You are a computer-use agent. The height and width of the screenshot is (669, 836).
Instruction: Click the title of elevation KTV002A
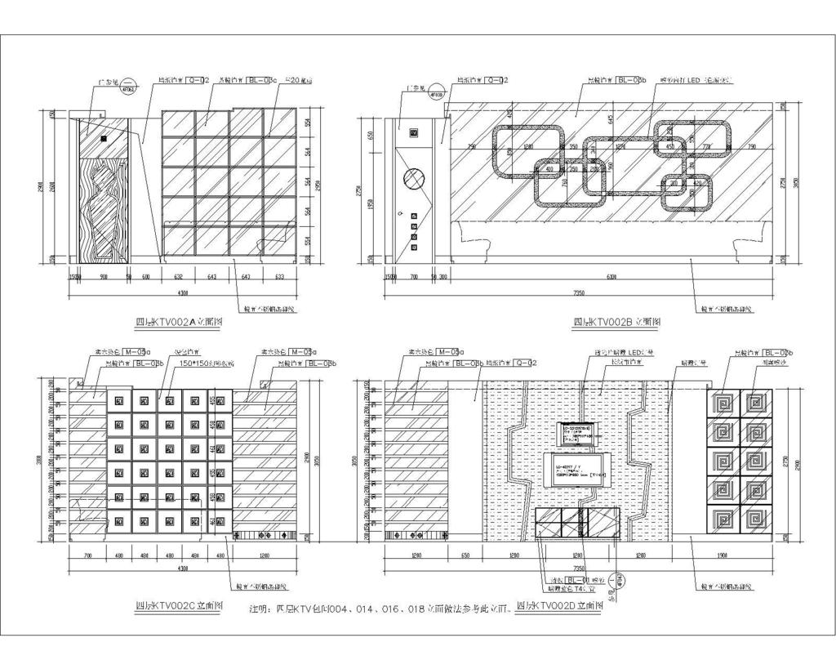179,322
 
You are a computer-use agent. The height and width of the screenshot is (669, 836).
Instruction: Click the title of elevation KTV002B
616,322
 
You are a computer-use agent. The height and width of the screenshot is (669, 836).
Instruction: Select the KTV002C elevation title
179,606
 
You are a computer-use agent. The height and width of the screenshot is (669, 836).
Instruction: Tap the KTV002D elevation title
559,606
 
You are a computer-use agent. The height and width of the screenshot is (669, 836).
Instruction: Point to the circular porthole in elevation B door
414,180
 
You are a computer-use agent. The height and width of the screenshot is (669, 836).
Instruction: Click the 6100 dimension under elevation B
611,278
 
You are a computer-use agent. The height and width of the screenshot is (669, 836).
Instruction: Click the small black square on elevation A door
104,138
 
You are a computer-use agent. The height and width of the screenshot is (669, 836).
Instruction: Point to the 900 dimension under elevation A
104,278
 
